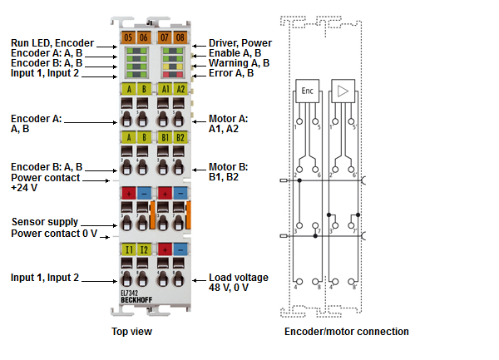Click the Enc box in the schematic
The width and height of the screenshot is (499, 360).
click(306, 91)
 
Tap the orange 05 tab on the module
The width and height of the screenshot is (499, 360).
click(127, 37)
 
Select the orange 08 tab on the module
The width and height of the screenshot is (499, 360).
click(180, 37)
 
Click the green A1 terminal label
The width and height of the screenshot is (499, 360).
click(165, 89)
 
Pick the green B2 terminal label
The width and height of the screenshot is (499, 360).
click(180, 137)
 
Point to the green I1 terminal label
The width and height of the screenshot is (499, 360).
click(128, 249)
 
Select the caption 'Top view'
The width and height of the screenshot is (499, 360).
click(131, 332)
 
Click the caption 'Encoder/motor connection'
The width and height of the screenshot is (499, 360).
click(346, 332)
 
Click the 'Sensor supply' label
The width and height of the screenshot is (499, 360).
click(45, 222)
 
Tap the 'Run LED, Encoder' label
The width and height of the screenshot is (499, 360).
click(52, 43)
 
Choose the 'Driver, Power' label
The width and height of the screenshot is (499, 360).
click(240, 43)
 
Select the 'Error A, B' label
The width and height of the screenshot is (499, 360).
click(232, 73)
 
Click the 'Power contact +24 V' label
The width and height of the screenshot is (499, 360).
click(45, 182)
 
